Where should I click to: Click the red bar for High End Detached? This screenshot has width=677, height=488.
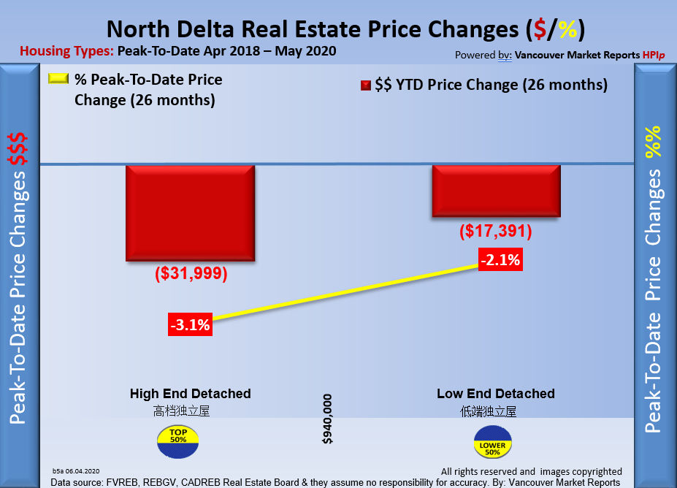pos(190,213)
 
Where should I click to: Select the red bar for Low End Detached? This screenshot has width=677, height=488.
pos(496,190)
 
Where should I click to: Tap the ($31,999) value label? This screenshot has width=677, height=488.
pos(191,274)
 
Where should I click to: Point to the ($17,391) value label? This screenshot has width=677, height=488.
pos(496,232)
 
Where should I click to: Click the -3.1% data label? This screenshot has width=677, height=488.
pos(190,325)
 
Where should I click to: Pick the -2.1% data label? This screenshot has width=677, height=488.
pos(500,259)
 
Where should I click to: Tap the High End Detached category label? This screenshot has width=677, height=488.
pos(190,394)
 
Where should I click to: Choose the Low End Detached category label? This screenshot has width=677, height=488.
pos(496,394)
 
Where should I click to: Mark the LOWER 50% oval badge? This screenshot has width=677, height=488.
pos(492,443)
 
